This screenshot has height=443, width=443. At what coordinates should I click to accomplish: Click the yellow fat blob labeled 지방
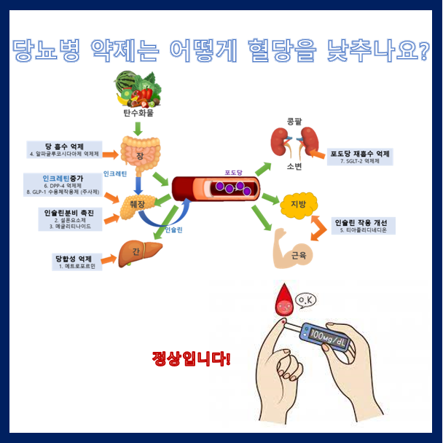[x=297, y=203]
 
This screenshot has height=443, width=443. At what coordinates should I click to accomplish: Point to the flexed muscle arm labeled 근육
[x=291, y=248]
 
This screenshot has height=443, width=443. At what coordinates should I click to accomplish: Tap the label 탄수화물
[x=138, y=113]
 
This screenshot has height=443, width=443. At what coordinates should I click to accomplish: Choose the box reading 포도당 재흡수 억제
[x=359, y=157]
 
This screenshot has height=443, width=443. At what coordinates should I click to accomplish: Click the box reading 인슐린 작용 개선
[x=364, y=226]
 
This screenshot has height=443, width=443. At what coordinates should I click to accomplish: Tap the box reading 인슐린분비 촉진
[x=74, y=219]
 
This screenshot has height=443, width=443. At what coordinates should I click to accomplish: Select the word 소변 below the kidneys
[x=294, y=165]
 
